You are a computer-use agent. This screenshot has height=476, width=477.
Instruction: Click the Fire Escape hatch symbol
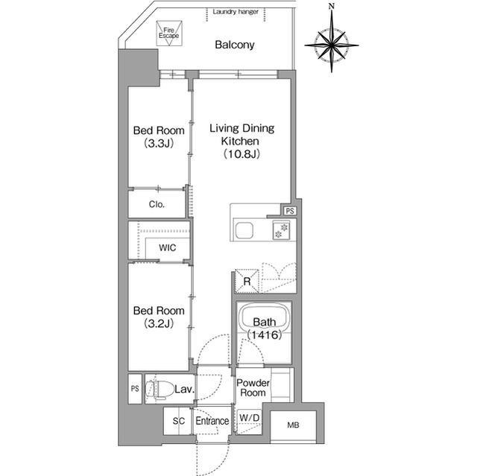click(x=169, y=33)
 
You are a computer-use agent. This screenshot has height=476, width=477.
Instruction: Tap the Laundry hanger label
click(x=236, y=12)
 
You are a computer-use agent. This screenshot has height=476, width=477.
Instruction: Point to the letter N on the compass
click(x=332, y=6)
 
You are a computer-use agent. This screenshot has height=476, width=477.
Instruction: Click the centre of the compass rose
click(x=332, y=45)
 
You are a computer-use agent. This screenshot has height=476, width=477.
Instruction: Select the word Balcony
click(x=235, y=45)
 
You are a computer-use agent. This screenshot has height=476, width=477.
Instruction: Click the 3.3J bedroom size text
click(x=159, y=143)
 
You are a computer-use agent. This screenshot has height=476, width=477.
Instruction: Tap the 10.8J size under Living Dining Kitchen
click(x=241, y=154)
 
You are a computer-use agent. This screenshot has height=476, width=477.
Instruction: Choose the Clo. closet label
click(x=157, y=204)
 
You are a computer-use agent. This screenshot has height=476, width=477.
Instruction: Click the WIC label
click(x=167, y=248)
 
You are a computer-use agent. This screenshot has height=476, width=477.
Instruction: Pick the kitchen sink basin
click(x=244, y=231)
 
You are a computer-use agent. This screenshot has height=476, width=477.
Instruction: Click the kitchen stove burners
click(x=282, y=230)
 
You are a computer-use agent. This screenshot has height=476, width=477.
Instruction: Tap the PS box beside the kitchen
click(x=290, y=211)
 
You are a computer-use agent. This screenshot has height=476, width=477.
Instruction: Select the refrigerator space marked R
click(x=247, y=281)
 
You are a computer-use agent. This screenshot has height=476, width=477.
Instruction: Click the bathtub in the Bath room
click(x=264, y=320)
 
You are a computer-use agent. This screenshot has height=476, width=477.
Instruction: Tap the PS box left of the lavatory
click(x=135, y=389)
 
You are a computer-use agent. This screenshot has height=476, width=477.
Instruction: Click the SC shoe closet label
click(x=179, y=421)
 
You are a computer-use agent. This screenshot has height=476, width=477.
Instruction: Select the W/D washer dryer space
click(x=250, y=422)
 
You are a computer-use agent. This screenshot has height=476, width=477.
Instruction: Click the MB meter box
click(x=293, y=425)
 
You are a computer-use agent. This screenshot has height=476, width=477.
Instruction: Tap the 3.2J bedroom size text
click(x=159, y=323)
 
